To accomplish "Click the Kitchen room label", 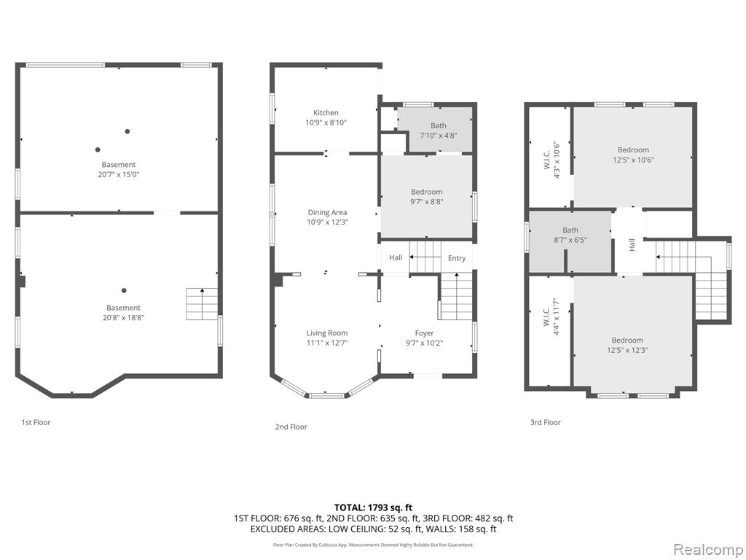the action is tap(326, 113).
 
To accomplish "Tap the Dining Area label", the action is tap(327, 212).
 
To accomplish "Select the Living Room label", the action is tap(327, 333).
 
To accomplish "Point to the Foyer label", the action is tap(425, 333).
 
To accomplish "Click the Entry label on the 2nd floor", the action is tap(457, 258).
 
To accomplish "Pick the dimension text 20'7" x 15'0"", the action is tap(119, 174).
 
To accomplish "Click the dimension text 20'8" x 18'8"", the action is tap(123, 318).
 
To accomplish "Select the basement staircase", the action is tap(202, 304).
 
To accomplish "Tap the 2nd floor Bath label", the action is tap(439, 125).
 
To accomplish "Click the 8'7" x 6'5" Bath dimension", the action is tap(570, 240).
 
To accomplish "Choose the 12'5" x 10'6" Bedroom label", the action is tap(633, 150).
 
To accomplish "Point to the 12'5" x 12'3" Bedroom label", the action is tap(627, 341).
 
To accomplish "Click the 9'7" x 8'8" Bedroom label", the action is tap(427, 192).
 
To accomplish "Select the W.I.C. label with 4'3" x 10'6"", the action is tap(546, 160).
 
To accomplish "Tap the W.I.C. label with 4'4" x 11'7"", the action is tap(546, 316).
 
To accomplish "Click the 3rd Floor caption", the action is tap(545, 422).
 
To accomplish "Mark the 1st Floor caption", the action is tap(36, 422).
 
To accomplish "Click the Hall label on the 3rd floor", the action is tap(632, 245).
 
